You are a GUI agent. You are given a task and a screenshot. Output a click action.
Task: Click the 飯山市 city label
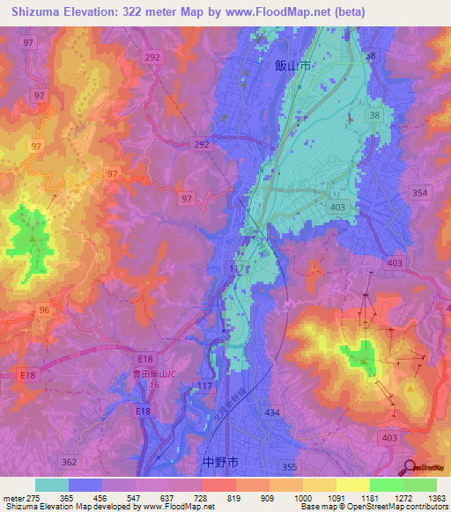(293, 65)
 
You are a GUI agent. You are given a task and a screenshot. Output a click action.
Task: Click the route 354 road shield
(419, 193)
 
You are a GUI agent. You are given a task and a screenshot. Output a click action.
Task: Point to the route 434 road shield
(275, 413)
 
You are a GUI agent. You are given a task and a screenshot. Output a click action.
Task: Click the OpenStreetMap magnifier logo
(409, 467)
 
